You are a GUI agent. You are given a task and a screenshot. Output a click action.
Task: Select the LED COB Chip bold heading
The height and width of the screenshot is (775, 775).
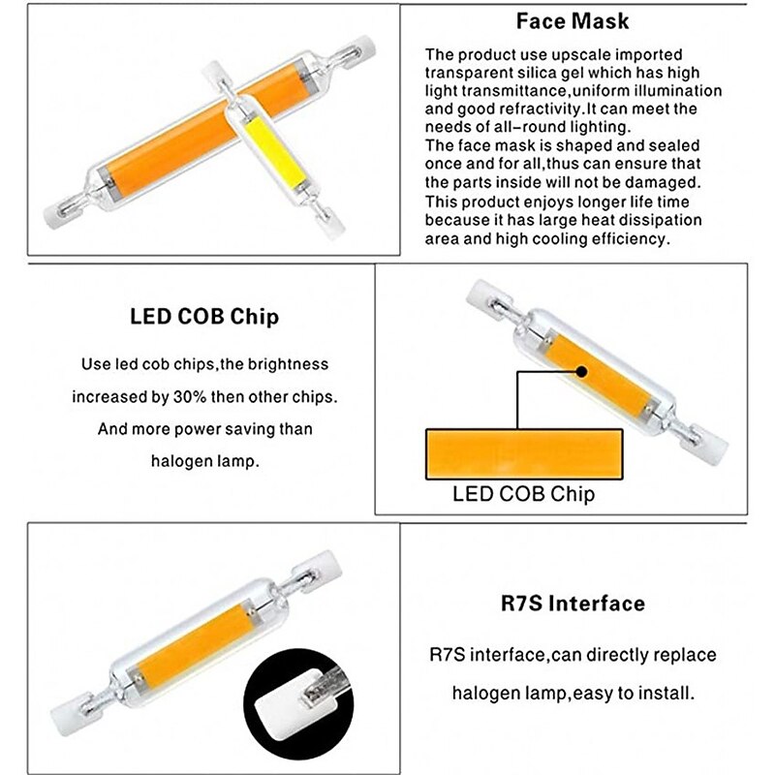click(204, 317)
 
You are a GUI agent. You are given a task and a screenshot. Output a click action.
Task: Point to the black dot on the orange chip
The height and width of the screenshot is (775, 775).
click(582, 370)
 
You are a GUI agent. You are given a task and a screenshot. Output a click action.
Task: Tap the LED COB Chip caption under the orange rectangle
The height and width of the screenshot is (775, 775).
click(523, 494)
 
